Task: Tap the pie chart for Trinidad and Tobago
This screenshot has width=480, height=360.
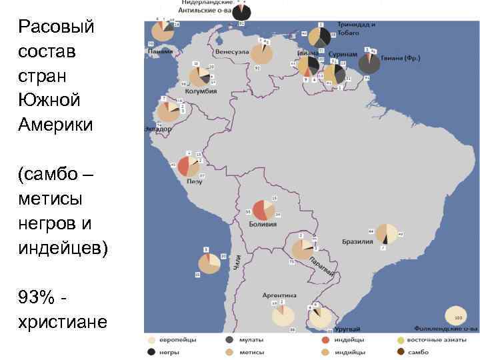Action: (x=320, y=38)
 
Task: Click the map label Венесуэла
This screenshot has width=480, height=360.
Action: (x=231, y=51)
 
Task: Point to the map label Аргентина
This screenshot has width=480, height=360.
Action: (x=279, y=295)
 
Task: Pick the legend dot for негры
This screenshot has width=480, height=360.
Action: (x=153, y=351)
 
